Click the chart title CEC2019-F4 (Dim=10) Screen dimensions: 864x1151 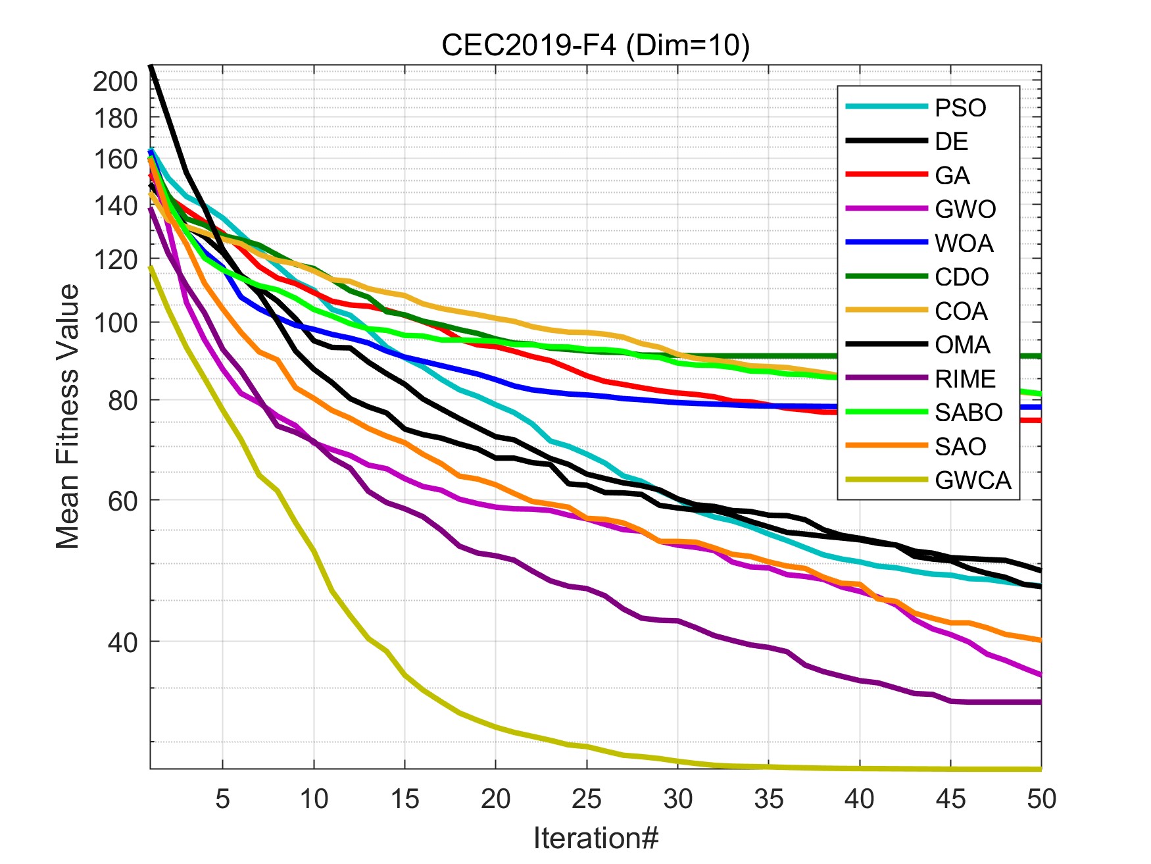(595, 45)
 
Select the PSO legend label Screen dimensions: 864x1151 (960, 108)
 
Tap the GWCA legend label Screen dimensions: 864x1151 (973, 480)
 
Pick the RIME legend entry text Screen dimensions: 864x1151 (965, 379)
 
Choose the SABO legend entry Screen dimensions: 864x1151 (968, 413)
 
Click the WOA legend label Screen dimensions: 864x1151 (964, 243)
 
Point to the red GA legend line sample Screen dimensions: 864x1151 (886, 174)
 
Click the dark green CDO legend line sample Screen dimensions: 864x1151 (886, 276)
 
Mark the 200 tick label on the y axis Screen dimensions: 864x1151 (115, 82)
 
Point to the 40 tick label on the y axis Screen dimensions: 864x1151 (122, 642)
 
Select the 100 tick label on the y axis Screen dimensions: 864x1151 (115, 323)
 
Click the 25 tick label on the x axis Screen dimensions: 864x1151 (586, 800)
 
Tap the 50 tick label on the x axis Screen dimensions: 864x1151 (1041, 800)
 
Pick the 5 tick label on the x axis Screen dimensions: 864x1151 (222, 800)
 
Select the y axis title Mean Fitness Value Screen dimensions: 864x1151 (67, 417)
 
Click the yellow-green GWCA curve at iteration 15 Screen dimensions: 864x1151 (404, 674)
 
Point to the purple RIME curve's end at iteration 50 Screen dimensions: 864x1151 (1040, 702)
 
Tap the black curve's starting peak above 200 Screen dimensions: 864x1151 (151, 66)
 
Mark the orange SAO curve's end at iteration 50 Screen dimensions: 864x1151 (1040, 640)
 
